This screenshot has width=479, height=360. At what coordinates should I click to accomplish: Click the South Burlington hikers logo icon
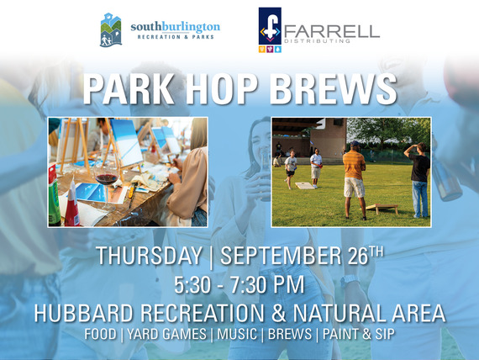(111, 29)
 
